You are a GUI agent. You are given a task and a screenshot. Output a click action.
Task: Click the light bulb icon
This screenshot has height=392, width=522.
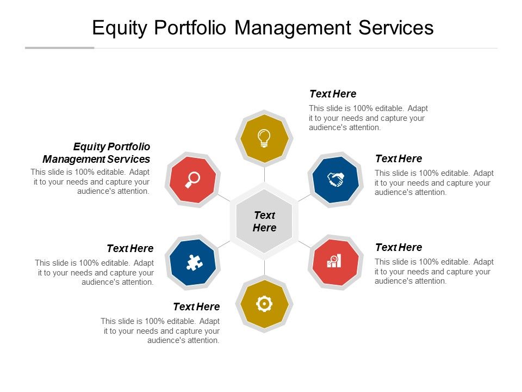coord(264,138)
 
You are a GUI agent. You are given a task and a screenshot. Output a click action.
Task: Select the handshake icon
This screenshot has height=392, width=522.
coord(335,179)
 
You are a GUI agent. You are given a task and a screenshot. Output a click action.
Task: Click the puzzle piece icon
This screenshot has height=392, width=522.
coord(195,262)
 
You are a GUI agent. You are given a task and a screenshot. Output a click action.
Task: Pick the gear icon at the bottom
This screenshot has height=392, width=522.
coord(264,304)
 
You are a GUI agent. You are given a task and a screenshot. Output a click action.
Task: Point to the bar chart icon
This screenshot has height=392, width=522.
coord(334,261)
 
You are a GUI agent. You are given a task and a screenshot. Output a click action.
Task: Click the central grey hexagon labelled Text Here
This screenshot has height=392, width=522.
coord(264,222)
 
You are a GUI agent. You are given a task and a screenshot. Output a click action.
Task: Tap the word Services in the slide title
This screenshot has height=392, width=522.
coord(396,27)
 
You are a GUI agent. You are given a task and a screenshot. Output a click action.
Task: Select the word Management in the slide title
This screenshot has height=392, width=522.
coord(293,28)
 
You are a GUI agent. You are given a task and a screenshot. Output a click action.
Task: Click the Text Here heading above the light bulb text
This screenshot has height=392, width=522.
coord(333,94)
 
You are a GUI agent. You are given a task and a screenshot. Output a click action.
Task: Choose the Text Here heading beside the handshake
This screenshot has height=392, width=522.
coord(399,158)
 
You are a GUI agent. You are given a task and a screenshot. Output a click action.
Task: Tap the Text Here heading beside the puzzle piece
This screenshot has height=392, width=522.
coord(130,249)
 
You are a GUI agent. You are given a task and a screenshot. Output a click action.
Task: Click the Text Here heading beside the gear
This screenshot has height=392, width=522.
coord(196,307)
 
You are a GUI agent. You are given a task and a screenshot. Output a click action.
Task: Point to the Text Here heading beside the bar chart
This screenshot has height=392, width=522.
coord(399,247)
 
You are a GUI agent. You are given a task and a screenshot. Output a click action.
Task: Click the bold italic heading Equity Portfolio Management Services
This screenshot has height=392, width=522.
coord(97,153)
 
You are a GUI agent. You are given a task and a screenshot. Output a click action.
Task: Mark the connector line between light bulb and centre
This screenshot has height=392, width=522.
coord(264,174)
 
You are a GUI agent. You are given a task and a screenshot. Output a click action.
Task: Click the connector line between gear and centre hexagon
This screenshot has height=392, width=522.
coord(264,268)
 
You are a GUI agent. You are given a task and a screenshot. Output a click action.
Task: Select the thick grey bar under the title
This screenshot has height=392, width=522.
coord(60,48)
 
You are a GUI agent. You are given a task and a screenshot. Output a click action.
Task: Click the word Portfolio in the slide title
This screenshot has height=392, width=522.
coord(190,27)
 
